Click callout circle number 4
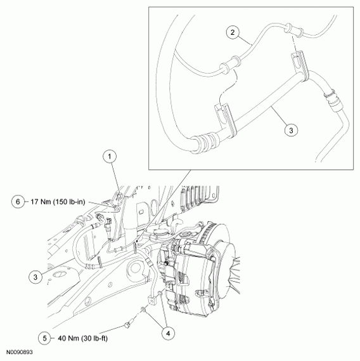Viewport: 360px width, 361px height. tap(167, 331)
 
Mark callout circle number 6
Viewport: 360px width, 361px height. tap(18, 201)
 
